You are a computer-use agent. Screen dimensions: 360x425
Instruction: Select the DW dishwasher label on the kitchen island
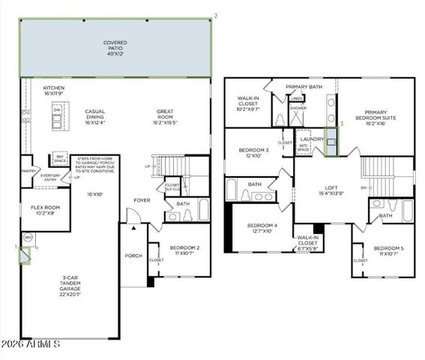56,109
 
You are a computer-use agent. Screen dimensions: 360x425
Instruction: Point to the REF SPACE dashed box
59,160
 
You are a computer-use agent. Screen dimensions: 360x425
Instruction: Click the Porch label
134,255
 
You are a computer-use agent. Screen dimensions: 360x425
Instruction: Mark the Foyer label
142,200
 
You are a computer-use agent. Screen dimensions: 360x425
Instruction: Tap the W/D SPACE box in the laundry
304,148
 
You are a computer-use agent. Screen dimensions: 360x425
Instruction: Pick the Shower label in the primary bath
298,108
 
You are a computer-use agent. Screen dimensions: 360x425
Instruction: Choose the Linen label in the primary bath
297,98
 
